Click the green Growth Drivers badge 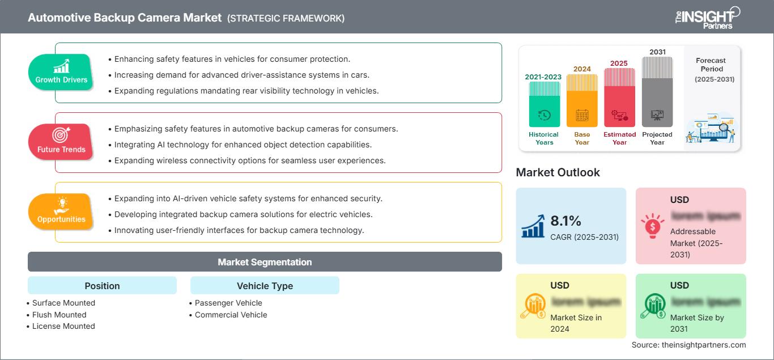[x=61, y=72]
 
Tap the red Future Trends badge [x=61, y=142]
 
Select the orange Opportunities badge [x=61, y=211]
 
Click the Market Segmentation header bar [x=265, y=262]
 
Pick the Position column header [x=102, y=286]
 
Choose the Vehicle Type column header [x=265, y=286]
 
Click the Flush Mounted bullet [x=59, y=315]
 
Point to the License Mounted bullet [x=63, y=326]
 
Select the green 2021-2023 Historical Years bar [x=544, y=104]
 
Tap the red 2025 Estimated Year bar [x=619, y=97]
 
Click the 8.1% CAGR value [x=565, y=221]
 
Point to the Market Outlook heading [x=558, y=172]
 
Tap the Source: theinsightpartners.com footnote [x=688, y=345]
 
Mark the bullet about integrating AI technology [x=243, y=145]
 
